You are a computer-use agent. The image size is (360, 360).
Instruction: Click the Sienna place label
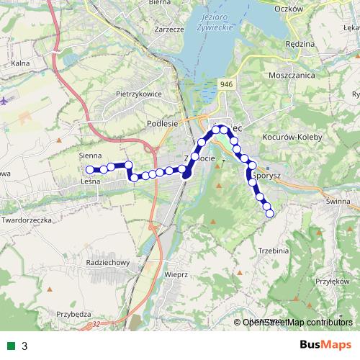(x=91, y=155)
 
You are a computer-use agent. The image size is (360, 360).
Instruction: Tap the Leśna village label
(x=90, y=182)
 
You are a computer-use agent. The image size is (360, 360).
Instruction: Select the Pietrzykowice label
(x=139, y=94)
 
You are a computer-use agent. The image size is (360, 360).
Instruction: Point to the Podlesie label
(x=162, y=123)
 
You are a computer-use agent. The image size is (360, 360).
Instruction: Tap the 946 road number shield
(x=227, y=85)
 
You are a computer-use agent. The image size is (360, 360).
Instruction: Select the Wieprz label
(x=176, y=274)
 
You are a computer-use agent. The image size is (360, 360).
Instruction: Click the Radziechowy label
(x=107, y=262)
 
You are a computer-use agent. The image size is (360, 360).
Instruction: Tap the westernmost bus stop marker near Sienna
(x=90, y=170)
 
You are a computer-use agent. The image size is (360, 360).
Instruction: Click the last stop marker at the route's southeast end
(x=269, y=213)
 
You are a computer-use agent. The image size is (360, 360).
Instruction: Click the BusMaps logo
(x=325, y=345)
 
